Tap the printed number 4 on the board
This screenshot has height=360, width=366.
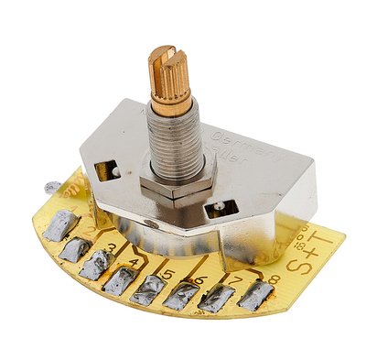(x=136, y=263)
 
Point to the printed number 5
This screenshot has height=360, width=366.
(x=167, y=274)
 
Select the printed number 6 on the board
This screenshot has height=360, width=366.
(x=200, y=279)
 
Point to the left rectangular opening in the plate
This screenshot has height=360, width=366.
(x=105, y=169)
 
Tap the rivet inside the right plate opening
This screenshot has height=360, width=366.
(x=221, y=210)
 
